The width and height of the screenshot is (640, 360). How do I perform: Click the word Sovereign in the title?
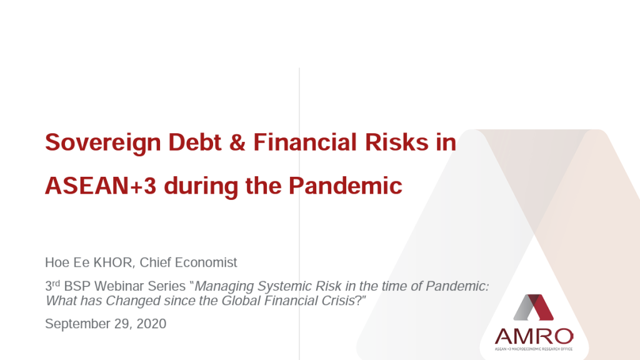[103, 143]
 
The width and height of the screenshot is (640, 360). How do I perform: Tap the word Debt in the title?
[195, 142]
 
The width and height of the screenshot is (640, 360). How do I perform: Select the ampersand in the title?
[237, 142]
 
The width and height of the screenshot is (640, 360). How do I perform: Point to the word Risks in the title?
[396, 142]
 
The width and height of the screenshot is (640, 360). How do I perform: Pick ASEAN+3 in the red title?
[101, 186]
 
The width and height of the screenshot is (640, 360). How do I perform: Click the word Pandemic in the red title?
[345, 186]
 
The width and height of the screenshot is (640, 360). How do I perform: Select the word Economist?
[206, 262]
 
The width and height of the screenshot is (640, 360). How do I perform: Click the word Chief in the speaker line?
[155, 262]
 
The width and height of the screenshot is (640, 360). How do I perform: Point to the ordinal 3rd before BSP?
[52, 285]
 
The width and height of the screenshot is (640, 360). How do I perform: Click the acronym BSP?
[77, 286]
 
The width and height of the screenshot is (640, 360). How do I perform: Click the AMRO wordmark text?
[534, 337]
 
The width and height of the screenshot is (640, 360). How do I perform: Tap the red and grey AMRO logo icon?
[534, 307]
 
